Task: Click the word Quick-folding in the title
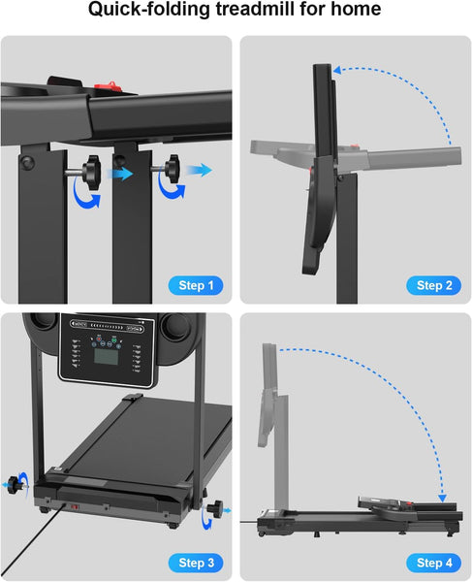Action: point(143,12)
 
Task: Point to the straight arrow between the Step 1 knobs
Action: point(121,174)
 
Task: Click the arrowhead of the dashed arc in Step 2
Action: point(335,70)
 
